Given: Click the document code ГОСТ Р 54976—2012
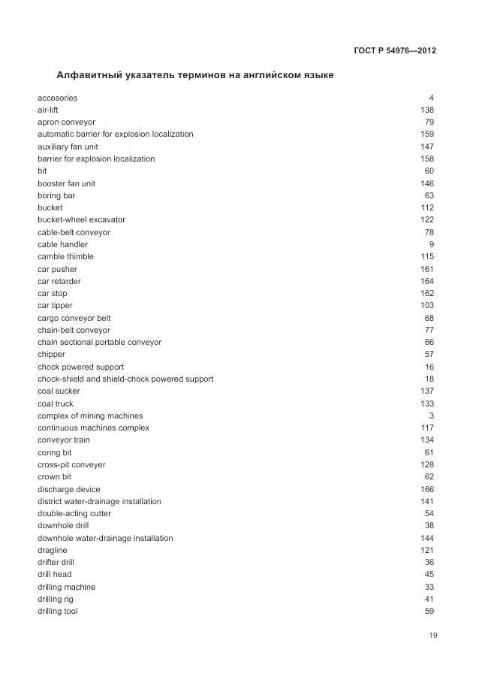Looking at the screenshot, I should (394, 51).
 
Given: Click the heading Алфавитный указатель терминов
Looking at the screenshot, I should (195, 75).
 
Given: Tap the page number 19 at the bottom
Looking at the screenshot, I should (433, 636).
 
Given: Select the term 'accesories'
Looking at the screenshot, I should (57, 98).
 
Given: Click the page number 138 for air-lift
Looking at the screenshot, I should (426, 110).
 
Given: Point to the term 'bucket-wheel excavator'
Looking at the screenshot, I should (81, 219).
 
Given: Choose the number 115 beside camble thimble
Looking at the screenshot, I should (426, 256).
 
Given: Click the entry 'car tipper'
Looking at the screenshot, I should (55, 305).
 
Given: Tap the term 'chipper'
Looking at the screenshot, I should (51, 354).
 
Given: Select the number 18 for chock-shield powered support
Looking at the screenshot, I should (429, 379).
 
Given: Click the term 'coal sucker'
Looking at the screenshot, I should (59, 391).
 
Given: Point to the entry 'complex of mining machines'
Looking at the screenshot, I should (90, 416).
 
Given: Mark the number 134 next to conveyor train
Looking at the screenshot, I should (426, 440).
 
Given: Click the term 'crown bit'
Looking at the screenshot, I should (54, 476).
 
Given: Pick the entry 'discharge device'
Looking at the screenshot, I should (68, 489).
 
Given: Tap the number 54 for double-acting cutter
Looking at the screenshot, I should (429, 513).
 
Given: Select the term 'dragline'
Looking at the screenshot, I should (52, 550).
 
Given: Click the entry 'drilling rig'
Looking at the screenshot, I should (56, 599).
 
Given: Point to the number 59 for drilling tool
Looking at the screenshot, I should (429, 611).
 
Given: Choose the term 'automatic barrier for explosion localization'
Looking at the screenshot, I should (115, 134).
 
